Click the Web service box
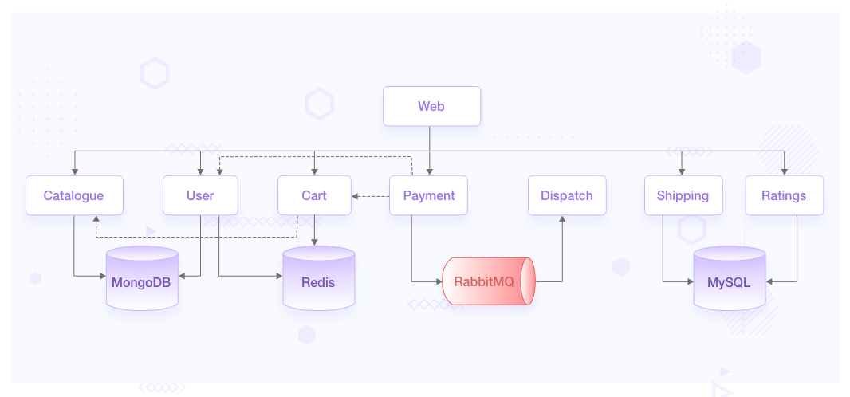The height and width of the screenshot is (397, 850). point(431,106)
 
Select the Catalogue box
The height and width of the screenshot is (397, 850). point(74,195)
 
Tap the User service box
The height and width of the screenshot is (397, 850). point(200,195)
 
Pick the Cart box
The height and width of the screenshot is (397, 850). point(314,195)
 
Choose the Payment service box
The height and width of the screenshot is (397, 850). point(428,195)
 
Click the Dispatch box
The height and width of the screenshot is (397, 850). point(566,195)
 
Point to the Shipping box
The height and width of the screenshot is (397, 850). point(683,195)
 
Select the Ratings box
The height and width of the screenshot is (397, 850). point(784,195)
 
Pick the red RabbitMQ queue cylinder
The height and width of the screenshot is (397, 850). point(488,281)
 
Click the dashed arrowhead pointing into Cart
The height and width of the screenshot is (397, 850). point(356,196)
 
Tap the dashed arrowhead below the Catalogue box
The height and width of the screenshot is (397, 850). point(96,219)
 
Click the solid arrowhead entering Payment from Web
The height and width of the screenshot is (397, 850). point(430,171)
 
